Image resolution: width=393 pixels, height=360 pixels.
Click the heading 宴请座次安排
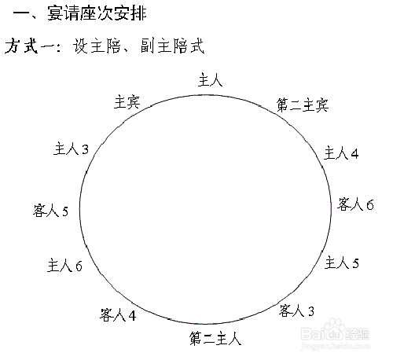97,13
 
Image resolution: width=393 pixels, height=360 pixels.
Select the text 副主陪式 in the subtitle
172,46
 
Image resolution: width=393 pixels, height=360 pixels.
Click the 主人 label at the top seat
211,80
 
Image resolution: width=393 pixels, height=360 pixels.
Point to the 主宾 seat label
127,102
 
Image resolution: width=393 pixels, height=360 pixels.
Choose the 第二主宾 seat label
303,105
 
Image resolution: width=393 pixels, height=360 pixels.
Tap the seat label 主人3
72,149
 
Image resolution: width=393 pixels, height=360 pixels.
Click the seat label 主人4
341,153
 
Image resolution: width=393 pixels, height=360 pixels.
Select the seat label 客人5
50,211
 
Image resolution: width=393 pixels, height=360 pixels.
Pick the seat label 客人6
355,204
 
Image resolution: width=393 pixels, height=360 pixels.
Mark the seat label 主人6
64,265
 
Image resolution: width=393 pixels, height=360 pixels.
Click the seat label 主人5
342,263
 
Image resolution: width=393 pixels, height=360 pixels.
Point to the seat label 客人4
118,314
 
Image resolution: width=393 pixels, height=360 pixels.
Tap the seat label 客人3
296,310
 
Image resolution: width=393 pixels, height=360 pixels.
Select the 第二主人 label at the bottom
215,338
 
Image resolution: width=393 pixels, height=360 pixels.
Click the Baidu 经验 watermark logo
335,332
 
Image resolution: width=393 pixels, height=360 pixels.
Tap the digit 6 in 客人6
370,205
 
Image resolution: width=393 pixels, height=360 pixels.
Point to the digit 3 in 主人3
86,149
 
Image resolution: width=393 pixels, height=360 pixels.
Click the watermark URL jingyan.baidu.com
336,346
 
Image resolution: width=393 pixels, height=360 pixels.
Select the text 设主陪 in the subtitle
97,46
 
